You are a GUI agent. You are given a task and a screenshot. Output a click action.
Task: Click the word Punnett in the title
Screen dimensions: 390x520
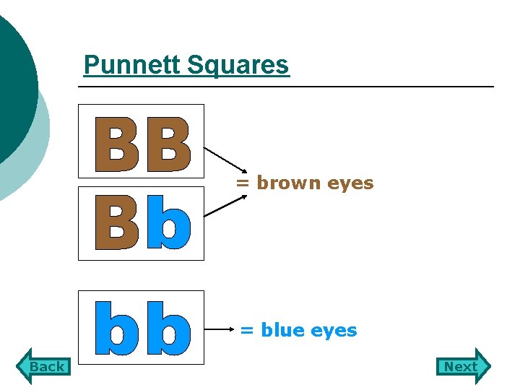pos(132,65)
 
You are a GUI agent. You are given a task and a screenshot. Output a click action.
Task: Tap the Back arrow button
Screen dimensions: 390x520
pos(44,366)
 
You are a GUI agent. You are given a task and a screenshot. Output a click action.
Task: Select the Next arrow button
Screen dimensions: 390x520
pos(463,366)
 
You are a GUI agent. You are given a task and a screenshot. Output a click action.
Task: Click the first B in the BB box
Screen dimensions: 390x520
pos(117,144)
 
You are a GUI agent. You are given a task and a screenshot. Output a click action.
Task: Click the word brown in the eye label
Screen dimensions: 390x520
pos(289,183)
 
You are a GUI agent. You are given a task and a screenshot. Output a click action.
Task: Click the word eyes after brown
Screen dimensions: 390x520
pos(350,183)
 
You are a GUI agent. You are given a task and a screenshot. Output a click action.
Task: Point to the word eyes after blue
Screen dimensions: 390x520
pos(334,331)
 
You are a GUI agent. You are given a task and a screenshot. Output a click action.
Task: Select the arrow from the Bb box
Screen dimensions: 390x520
pos(225,206)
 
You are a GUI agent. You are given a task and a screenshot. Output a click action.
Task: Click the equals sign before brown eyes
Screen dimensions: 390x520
pos(243,183)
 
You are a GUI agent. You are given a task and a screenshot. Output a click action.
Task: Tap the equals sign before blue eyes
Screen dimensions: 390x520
pos(247,331)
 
